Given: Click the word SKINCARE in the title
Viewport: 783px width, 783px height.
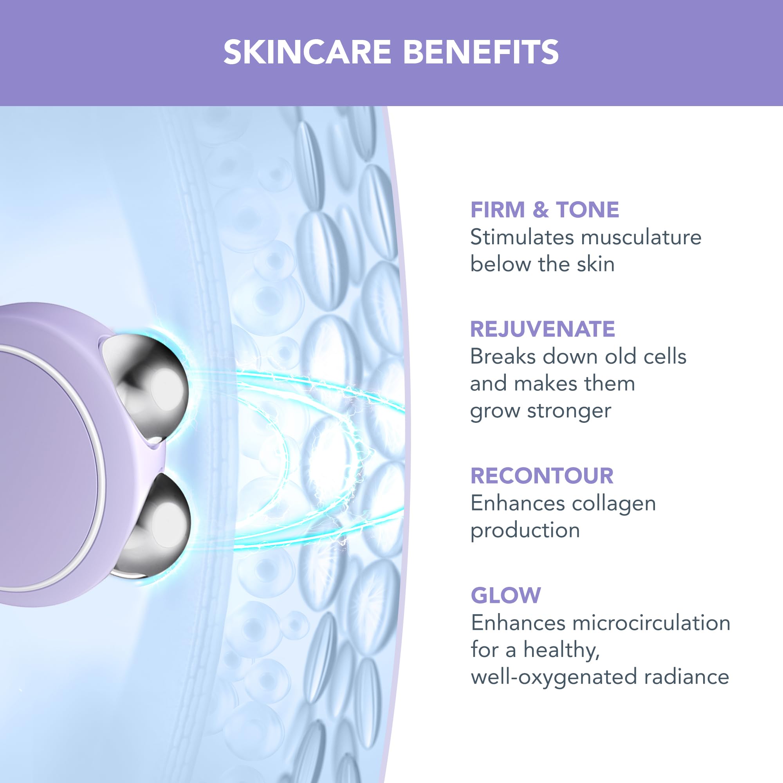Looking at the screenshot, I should [x=307, y=52].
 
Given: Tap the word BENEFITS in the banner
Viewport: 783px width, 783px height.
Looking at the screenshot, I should [x=481, y=52].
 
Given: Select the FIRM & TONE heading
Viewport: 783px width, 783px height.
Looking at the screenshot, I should [x=544, y=210].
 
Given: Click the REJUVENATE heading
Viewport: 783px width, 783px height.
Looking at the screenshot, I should [x=542, y=329].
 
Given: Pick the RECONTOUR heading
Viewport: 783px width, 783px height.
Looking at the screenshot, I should [x=542, y=476].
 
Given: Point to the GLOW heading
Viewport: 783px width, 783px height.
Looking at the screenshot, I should [x=505, y=595].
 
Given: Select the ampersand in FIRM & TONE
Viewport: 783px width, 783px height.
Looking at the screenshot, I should [x=540, y=210].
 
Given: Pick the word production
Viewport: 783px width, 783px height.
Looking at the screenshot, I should [x=525, y=530].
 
